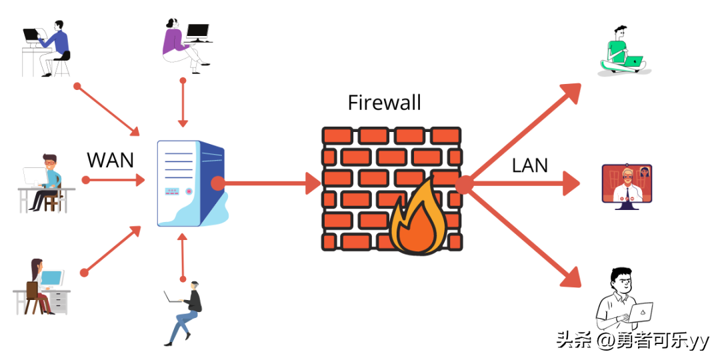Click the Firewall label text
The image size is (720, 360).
click(385, 102)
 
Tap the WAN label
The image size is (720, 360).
click(111, 160)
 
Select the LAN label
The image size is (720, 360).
click(530, 165)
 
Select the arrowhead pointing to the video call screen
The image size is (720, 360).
click(573, 183)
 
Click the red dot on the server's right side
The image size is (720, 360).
click(217, 183)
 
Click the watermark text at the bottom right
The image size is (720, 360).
click(633, 341)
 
